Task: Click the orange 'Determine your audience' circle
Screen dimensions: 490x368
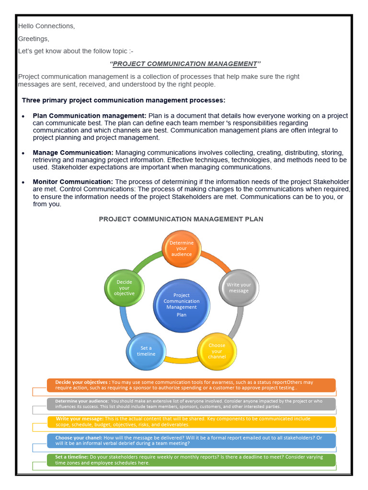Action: (x=181, y=249)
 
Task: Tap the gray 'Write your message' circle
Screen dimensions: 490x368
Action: (x=238, y=288)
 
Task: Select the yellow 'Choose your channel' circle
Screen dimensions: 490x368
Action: (x=217, y=351)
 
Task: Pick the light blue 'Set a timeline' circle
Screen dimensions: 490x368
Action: (x=146, y=351)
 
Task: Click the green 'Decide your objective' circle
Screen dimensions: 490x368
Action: (x=124, y=288)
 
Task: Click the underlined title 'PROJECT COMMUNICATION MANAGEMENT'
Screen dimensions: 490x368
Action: (x=185, y=64)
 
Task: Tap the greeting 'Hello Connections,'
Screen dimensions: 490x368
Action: (x=46, y=26)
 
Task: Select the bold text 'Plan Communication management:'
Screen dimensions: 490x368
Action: (x=90, y=116)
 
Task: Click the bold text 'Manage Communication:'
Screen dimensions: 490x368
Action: (x=73, y=153)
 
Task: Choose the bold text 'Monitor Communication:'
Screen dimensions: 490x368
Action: (x=73, y=182)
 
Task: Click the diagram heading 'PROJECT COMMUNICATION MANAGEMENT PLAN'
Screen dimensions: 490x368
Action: (x=181, y=219)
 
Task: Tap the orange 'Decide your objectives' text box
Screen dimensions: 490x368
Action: (x=191, y=385)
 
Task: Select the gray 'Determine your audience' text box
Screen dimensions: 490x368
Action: (x=191, y=404)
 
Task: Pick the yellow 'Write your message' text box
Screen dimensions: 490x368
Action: (x=191, y=422)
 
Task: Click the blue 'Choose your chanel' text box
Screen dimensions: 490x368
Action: (x=191, y=440)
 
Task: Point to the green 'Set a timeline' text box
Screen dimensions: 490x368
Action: (x=191, y=460)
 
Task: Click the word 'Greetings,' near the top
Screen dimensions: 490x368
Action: (x=34, y=39)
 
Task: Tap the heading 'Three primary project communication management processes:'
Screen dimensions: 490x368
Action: (x=124, y=100)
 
